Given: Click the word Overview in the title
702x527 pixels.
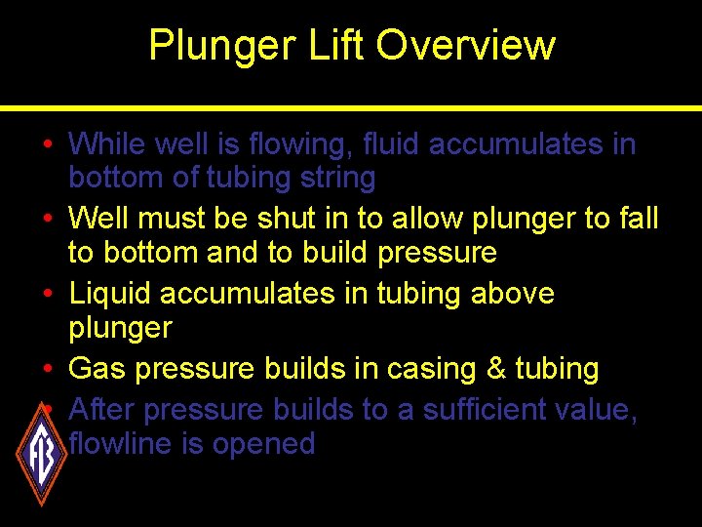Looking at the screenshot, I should point(465,46).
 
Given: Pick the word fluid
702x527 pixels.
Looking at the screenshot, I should point(392,144).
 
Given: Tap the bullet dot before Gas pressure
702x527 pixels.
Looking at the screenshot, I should point(48,369).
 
